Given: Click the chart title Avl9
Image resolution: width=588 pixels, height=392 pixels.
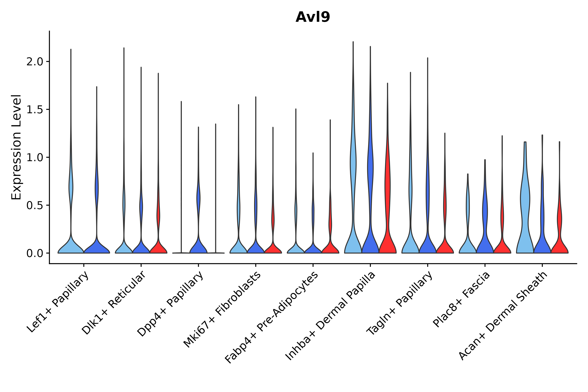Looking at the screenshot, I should (313, 17).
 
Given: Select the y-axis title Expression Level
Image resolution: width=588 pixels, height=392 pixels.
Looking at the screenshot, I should (16, 147).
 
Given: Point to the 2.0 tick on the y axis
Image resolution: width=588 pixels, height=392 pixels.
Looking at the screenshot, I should (35, 62).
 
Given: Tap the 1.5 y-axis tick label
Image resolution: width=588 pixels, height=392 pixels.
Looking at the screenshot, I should (35, 110).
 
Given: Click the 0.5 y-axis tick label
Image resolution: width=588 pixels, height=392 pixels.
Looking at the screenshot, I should (35, 206).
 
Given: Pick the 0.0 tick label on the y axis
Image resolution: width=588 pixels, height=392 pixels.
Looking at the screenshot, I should (35, 253).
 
